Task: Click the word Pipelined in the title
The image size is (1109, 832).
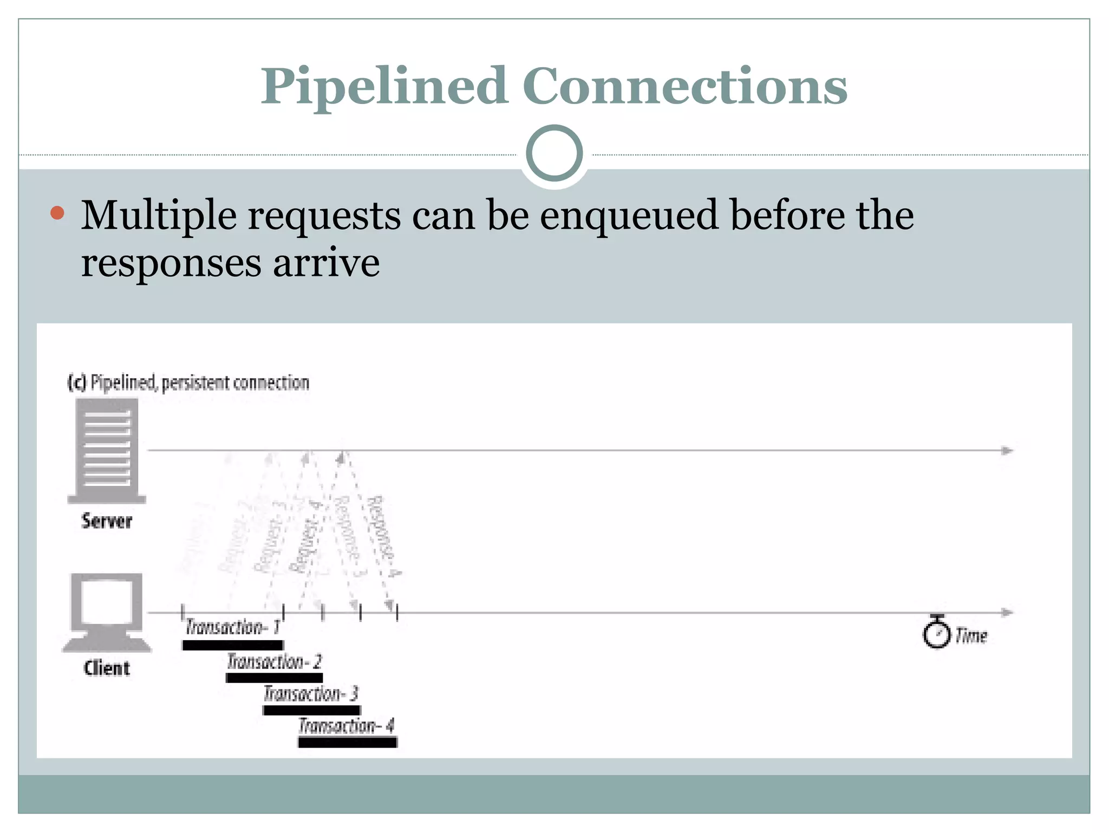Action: pyautogui.click(x=383, y=87)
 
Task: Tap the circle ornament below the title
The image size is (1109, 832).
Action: pyautogui.click(x=554, y=153)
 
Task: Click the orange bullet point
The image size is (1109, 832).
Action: pyautogui.click(x=57, y=213)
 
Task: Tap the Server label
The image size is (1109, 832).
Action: pyautogui.click(x=107, y=521)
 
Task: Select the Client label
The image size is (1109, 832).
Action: pyautogui.click(x=107, y=668)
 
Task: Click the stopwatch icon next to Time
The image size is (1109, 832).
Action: pyautogui.click(x=936, y=633)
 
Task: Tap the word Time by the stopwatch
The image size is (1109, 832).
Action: pyautogui.click(x=971, y=635)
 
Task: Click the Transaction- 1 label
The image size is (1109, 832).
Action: pyautogui.click(x=232, y=627)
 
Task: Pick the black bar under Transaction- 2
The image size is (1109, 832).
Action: pyautogui.click(x=274, y=678)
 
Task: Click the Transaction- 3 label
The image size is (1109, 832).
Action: pyautogui.click(x=311, y=694)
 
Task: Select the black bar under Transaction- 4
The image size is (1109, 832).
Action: pyautogui.click(x=347, y=743)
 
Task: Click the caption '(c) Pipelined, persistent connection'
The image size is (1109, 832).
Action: pyautogui.click(x=188, y=382)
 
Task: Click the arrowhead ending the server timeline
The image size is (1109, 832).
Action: pyautogui.click(x=1007, y=451)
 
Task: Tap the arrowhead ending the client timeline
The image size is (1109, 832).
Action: pyautogui.click(x=1007, y=613)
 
